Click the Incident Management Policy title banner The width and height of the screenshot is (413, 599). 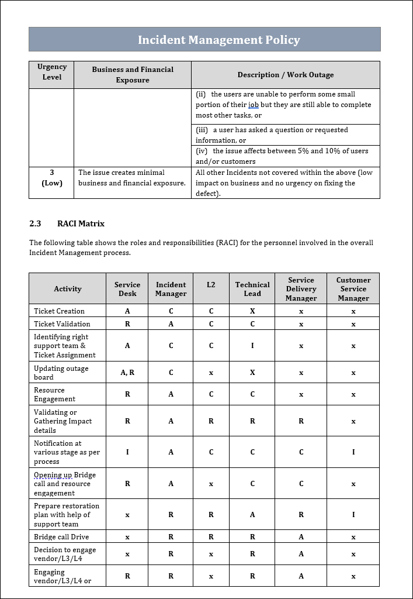pyautogui.click(x=218, y=40)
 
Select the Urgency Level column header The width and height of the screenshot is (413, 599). pyautogui.click(x=52, y=72)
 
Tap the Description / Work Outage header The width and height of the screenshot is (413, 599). pyautogui.click(x=286, y=75)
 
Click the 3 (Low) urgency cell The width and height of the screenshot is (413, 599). pyautogui.click(x=52, y=178)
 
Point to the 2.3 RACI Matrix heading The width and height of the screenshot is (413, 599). pyautogui.click(x=67, y=223)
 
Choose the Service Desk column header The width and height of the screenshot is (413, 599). pyautogui.click(x=127, y=289)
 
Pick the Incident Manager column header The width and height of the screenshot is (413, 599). pyautogui.click(x=171, y=289)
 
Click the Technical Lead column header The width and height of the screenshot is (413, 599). pyautogui.click(x=252, y=289)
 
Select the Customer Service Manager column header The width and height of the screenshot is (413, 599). pyautogui.click(x=353, y=289)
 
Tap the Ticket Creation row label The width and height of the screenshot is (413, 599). pyautogui.click(x=59, y=311)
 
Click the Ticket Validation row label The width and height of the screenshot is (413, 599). pyautogui.click(x=62, y=324)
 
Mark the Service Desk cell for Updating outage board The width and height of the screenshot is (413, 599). pyautogui.click(x=127, y=373)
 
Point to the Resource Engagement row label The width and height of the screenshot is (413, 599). pyautogui.click(x=54, y=394)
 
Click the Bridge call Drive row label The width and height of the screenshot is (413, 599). pyautogui.click(x=61, y=537)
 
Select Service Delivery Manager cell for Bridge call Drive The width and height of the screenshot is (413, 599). pyautogui.click(x=301, y=537)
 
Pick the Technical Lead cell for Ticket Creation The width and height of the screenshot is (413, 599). pyautogui.click(x=252, y=311)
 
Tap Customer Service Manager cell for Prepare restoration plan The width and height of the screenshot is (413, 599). pyautogui.click(x=353, y=515)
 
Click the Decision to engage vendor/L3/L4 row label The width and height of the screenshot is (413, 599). pyautogui.click(x=65, y=554)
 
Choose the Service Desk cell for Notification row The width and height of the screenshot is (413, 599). pyautogui.click(x=127, y=452)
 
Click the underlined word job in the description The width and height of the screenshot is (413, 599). pyautogui.click(x=254, y=105)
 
